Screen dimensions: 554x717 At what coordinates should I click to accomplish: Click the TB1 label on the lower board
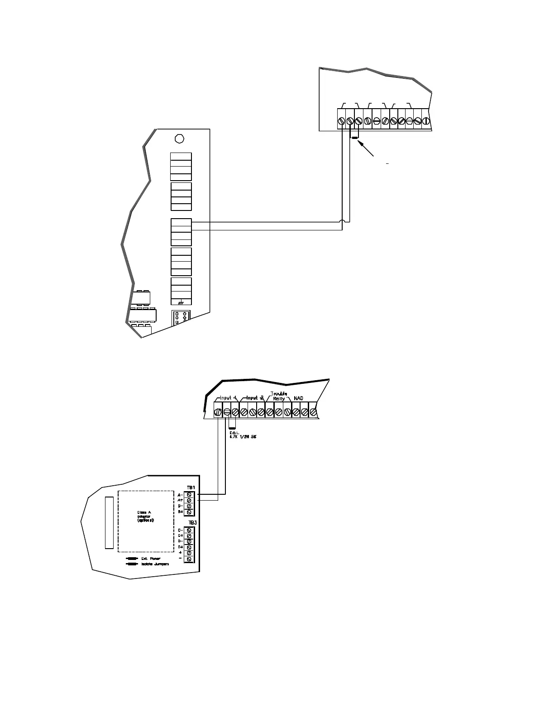pos(191,488)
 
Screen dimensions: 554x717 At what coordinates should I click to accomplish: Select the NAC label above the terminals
pos(298,398)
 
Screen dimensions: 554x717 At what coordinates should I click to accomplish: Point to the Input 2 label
pos(255,398)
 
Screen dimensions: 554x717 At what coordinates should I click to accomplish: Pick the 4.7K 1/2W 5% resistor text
pos(243,436)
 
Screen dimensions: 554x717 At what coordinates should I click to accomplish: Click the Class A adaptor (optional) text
pos(146,516)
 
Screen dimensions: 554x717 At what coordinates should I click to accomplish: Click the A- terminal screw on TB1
pos(190,495)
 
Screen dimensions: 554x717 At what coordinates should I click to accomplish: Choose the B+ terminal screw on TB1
pos(190,512)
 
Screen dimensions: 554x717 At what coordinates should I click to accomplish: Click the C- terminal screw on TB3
pos(190,530)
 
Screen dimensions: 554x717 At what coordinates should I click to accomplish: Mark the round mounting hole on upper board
pos(179,138)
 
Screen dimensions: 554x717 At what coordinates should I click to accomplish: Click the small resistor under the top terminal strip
pos(355,137)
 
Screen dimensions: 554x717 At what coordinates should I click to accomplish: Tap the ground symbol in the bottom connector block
pos(181,303)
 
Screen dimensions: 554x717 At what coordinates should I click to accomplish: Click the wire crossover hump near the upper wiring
pos(343,222)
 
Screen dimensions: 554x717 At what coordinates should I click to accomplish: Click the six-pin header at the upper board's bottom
pos(180,318)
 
